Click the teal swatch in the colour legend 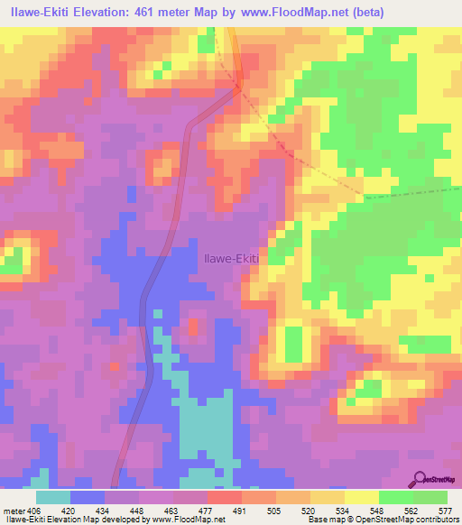click(53, 496)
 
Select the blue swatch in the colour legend click(88, 496)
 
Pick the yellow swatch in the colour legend click(362, 496)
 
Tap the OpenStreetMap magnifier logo click(420, 478)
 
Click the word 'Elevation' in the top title click(114, 13)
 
